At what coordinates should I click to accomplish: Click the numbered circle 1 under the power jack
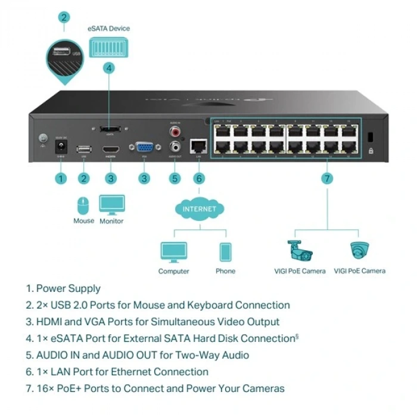point(60,178)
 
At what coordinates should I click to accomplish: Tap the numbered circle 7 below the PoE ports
point(326,178)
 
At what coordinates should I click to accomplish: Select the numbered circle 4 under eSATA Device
point(108,68)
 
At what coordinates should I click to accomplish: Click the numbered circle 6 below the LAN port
point(199,178)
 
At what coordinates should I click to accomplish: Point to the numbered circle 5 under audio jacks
point(174,178)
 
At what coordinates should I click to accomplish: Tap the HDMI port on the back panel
point(110,150)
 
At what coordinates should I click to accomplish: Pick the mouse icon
point(83,206)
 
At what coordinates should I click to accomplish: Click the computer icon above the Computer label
point(173,252)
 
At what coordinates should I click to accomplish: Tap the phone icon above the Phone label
point(225,252)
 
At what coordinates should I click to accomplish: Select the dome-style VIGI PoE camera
point(359,251)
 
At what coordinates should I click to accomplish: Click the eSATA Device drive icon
point(108,46)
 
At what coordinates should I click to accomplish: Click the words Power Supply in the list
point(68,288)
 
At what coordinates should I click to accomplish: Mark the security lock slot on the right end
point(371,136)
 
